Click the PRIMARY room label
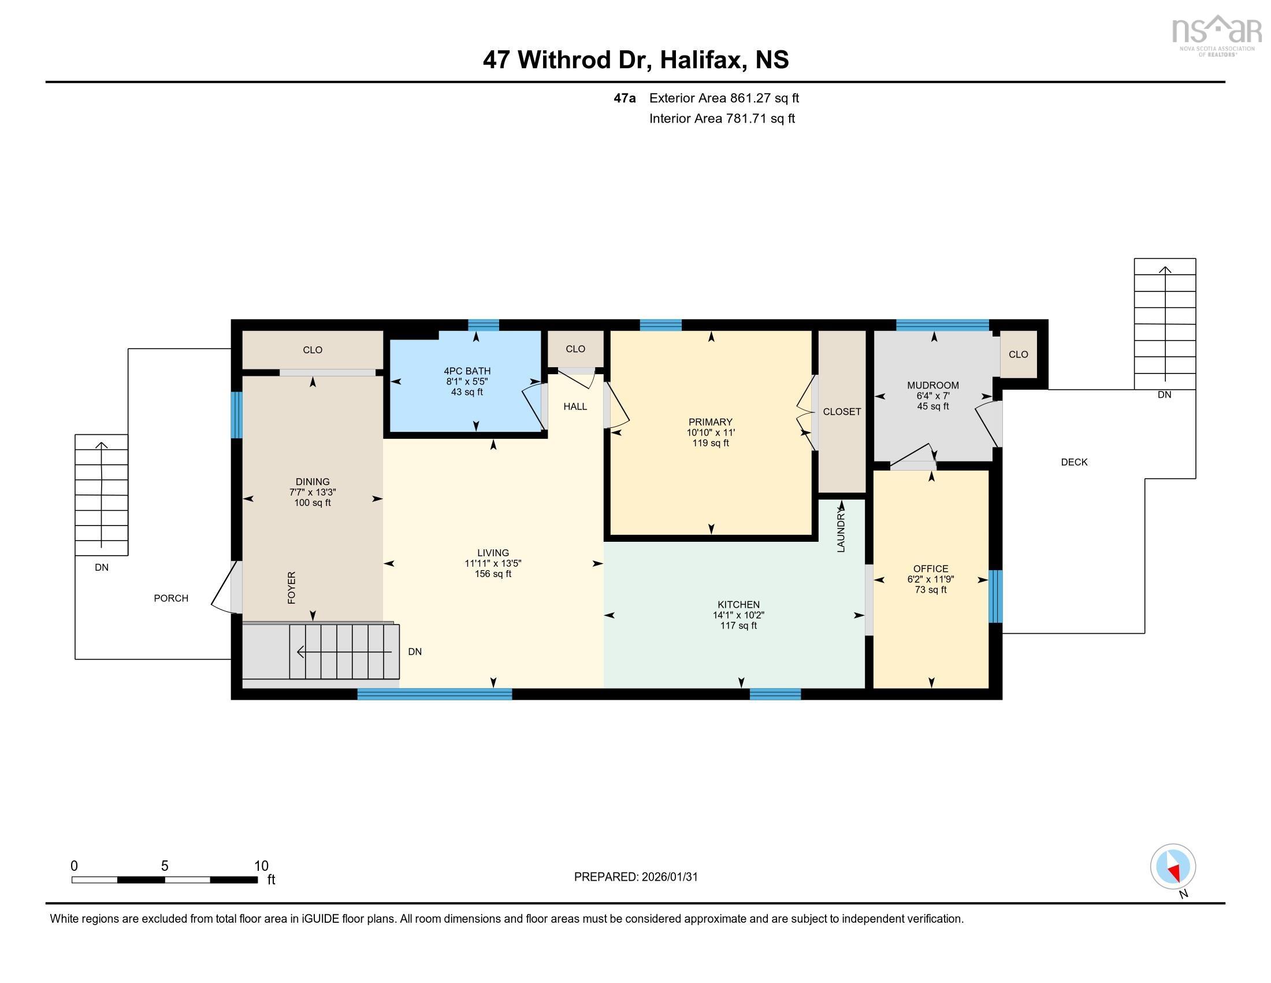pos(710,422)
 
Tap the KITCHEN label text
pos(738,604)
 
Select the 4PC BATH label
pos(467,371)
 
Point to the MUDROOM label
pos(932,385)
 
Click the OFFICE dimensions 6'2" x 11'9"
pos(930,579)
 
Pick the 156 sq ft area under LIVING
pos(493,574)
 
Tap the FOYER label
pos(292,587)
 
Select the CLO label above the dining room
pos(313,350)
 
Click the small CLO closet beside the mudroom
pos(1018,354)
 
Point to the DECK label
pos(1074,462)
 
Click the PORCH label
pos(171,598)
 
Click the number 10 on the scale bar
pos(261,866)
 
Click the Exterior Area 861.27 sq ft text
pos(723,98)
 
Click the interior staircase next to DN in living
pos(344,652)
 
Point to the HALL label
pos(575,406)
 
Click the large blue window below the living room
pos(434,693)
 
